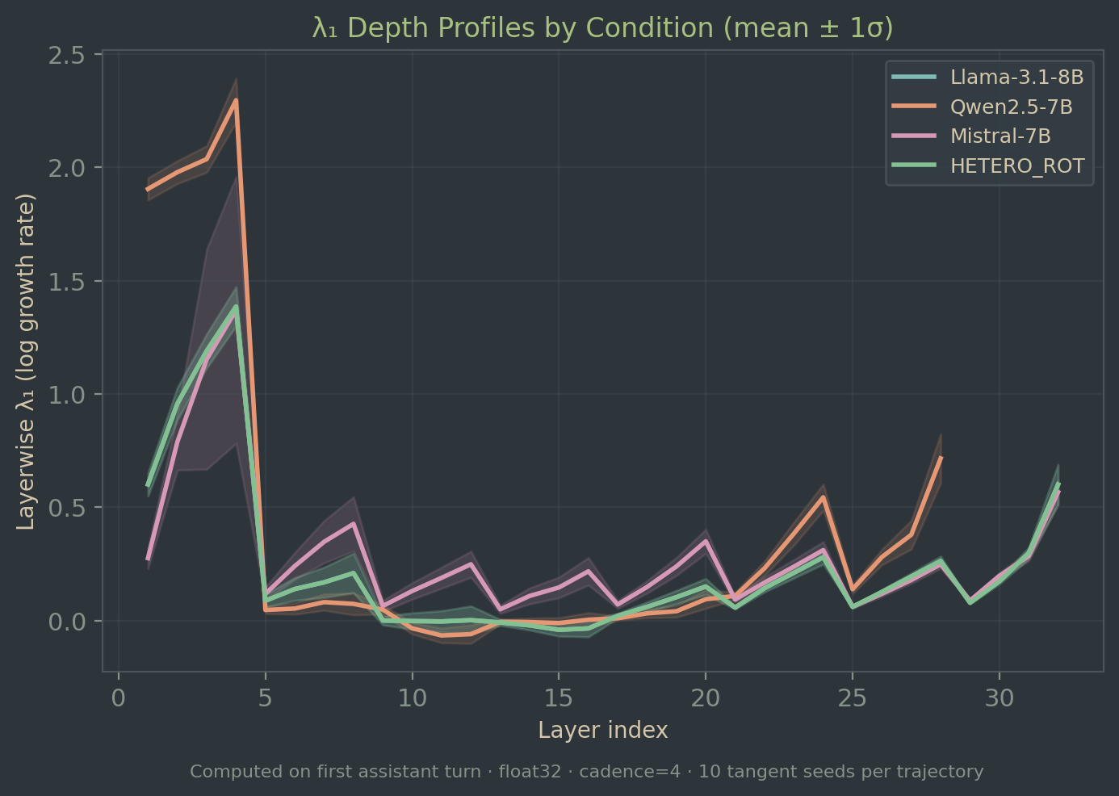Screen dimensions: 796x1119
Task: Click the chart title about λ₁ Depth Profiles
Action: point(602,28)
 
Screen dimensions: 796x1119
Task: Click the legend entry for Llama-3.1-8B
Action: point(1016,78)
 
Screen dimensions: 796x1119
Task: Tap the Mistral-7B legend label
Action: point(1000,136)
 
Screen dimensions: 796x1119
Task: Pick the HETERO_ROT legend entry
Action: point(1016,166)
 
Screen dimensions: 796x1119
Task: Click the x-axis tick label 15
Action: point(559,698)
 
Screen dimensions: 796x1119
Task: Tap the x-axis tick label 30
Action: point(999,698)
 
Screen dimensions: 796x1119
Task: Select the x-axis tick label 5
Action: point(266,698)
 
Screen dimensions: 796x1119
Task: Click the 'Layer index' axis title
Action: point(602,731)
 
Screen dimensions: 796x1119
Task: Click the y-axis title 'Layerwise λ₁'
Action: point(27,362)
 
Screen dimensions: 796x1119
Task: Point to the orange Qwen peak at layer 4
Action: point(236,100)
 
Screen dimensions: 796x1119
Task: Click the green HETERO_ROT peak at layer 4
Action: point(236,306)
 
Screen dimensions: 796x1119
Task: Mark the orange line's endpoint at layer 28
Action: point(941,458)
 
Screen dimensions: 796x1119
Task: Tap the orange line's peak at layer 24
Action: point(823,496)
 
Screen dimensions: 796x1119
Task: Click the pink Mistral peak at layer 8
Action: point(354,523)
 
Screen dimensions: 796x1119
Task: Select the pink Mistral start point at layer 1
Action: point(148,559)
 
